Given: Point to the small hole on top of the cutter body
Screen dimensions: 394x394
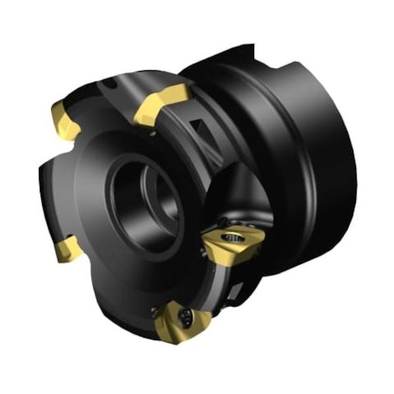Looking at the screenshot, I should (112, 84).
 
